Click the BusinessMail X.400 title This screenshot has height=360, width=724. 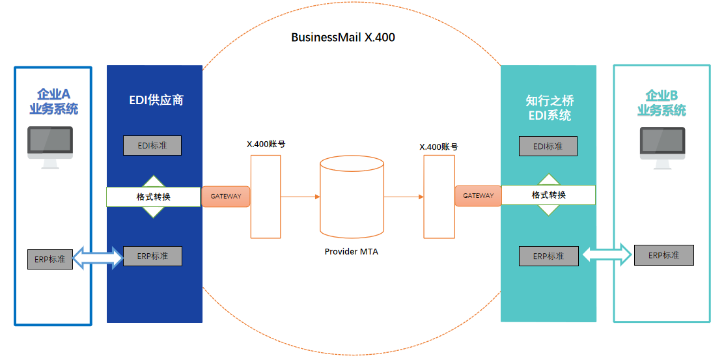pyautogui.click(x=342, y=37)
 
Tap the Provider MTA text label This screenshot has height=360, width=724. pyautogui.click(x=351, y=251)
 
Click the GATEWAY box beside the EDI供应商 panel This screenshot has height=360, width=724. pyautogui.click(x=226, y=197)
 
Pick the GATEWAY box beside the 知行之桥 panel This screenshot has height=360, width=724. pyautogui.click(x=478, y=195)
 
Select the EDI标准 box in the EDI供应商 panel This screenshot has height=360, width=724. pyautogui.click(x=152, y=146)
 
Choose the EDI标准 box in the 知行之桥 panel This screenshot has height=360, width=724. pyautogui.click(x=548, y=146)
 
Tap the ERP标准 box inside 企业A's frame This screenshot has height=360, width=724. pyautogui.click(x=50, y=259)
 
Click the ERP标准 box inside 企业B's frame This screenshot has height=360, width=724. pyautogui.click(x=663, y=255)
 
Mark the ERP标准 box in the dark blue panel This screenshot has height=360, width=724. pyautogui.click(x=152, y=256)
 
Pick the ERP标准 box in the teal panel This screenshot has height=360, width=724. pyautogui.click(x=548, y=256)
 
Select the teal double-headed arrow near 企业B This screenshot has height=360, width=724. pyautogui.click(x=607, y=255)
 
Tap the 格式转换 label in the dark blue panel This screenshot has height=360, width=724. pyautogui.click(x=154, y=197)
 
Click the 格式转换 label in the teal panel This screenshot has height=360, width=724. pyautogui.click(x=548, y=195)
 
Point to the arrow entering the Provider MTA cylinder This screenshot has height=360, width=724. pyautogui.click(x=299, y=196)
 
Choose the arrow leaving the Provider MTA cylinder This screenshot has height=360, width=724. pyautogui.click(x=404, y=196)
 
